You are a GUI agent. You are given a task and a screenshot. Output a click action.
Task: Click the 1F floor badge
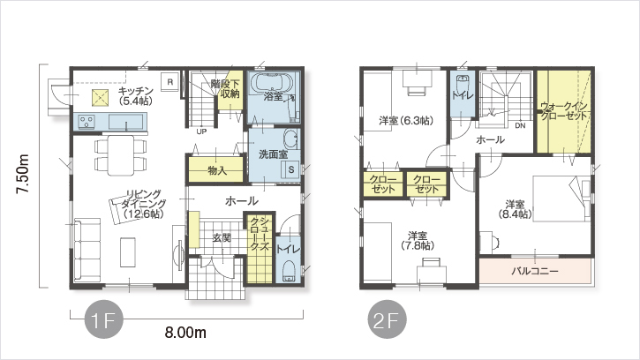coord(103,319)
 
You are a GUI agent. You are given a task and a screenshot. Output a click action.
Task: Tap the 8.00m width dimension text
coord(185,333)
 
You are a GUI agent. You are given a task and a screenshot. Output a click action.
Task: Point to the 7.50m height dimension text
coord(22,175)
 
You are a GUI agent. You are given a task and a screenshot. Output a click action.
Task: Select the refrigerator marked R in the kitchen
coord(169,82)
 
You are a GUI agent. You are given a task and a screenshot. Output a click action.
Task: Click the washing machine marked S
coord(291,169)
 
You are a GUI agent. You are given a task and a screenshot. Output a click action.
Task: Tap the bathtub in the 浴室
coord(272,83)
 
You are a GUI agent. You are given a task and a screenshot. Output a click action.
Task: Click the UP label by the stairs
coord(201,131)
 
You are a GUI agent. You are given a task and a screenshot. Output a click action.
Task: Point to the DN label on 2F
coord(520,125)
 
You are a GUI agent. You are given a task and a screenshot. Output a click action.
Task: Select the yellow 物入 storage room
coord(215,169)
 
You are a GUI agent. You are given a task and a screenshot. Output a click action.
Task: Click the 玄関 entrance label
coord(222,238)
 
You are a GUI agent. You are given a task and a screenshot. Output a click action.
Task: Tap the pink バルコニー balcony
coord(535,271)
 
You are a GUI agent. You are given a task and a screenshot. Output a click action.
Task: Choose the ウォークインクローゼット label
coord(564,110)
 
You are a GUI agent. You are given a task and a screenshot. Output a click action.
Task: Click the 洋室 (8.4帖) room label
coord(516,209)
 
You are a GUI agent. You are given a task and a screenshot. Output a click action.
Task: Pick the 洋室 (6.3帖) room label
coord(406,121)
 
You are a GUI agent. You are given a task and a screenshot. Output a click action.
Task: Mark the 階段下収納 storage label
coord(230,88)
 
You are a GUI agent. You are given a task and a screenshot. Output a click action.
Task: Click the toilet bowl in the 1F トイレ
coord(289,271)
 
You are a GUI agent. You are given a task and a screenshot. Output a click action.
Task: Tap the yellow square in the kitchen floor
coord(101,97)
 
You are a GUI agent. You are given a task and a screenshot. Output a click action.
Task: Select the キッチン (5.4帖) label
coord(136,96)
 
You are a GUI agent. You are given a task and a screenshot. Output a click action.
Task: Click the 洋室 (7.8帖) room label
coord(418,241)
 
